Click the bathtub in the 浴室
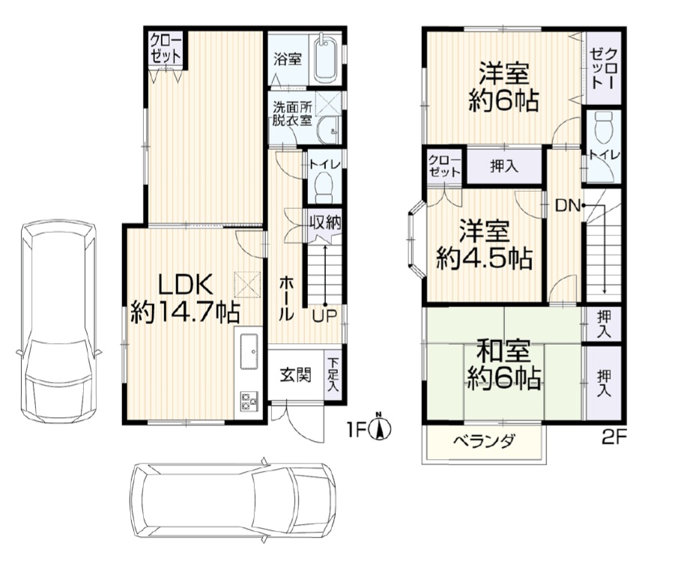324,58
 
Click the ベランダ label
483,441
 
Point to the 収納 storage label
324,222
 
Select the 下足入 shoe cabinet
333,375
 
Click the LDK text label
186,284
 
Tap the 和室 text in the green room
503,352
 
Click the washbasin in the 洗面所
327,133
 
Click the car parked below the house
232,500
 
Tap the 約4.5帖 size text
484,258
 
